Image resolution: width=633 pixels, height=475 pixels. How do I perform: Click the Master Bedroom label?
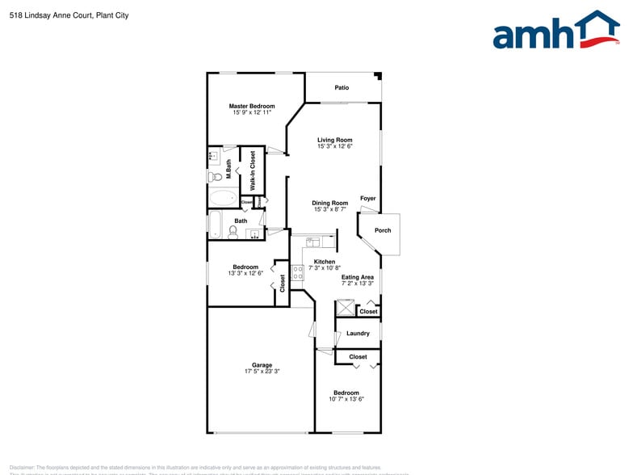pos(251,106)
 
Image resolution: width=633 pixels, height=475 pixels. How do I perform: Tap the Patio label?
pos(342,87)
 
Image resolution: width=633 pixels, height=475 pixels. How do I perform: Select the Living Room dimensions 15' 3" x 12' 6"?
pos(334,146)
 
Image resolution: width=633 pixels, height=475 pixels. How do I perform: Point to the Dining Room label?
pos(330,203)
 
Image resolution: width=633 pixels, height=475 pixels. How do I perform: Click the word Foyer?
pos(367,198)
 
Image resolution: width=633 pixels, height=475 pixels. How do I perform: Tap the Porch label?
pos(383,230)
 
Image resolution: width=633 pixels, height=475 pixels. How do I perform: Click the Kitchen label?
pos(325,262)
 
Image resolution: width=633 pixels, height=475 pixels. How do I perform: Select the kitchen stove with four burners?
pos(297,272)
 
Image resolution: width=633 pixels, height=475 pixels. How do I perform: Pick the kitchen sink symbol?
pos(313,241)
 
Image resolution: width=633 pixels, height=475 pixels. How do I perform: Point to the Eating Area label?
pos(357,277)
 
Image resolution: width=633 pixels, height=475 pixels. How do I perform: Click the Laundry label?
pos(358,333)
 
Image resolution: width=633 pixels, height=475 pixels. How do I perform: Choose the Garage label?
pos(262,364)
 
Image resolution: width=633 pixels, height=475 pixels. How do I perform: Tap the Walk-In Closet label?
pos(253,170)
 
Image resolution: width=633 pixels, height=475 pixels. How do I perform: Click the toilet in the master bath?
pos(215,176)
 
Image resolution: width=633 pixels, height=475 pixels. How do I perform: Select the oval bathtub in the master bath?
pos(223,198)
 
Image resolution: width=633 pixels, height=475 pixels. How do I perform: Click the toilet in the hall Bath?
pos(233,232)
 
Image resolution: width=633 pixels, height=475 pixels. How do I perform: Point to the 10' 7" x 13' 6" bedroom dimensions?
pos(346,399)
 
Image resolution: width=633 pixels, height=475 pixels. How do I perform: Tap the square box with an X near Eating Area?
pos(346,307)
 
